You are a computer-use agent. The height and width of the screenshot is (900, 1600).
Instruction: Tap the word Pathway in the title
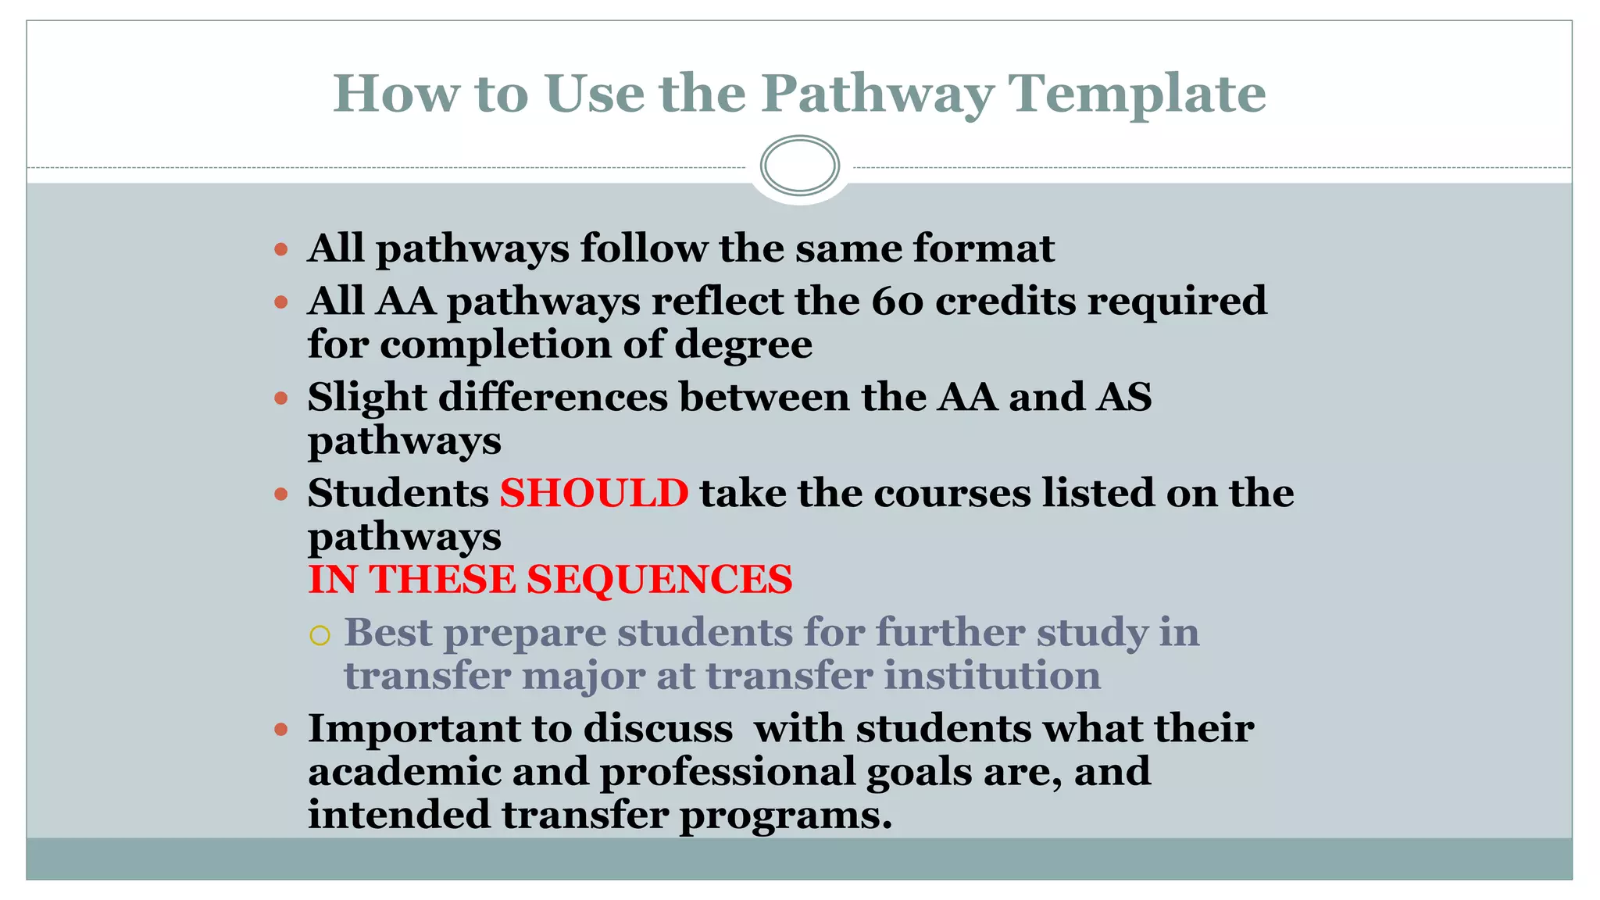coord(877,94)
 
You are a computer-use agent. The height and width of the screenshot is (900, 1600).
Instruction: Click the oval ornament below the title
coord(799,166)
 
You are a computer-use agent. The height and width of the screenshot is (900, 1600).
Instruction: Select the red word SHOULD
coord(594,494)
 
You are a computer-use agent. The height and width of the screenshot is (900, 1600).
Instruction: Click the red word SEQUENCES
coord(659,580)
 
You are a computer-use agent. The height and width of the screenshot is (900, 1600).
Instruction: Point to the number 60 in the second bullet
coord(898,302)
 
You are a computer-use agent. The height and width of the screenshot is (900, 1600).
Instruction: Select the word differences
coord(553,398)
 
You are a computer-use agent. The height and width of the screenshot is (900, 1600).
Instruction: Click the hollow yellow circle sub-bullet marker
coord(320,635)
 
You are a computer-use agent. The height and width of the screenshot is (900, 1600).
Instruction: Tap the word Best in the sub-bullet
coord(387,632)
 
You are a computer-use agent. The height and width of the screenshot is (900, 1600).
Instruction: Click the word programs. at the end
coord(785,816)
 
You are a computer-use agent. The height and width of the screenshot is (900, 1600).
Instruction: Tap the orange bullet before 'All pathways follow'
coord(282,251)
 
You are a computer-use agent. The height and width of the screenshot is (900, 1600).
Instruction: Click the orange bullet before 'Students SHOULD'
coord(282,495)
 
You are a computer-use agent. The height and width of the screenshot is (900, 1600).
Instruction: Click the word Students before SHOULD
coord(398,494)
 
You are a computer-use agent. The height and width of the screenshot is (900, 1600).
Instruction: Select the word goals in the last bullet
coord(919,772)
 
